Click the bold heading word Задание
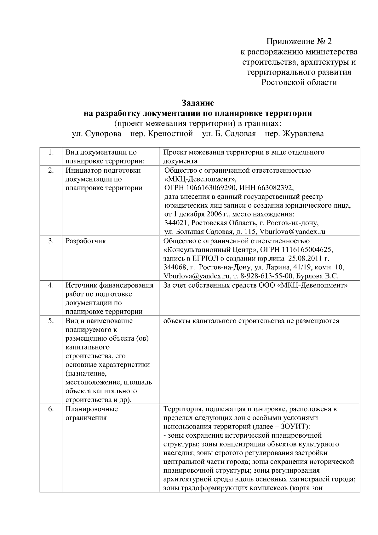click(x=198, y=103)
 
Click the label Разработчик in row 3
click(x=86, y=241)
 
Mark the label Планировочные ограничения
click(x=91, y=413)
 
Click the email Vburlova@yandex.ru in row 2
click(x=292, y=232)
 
